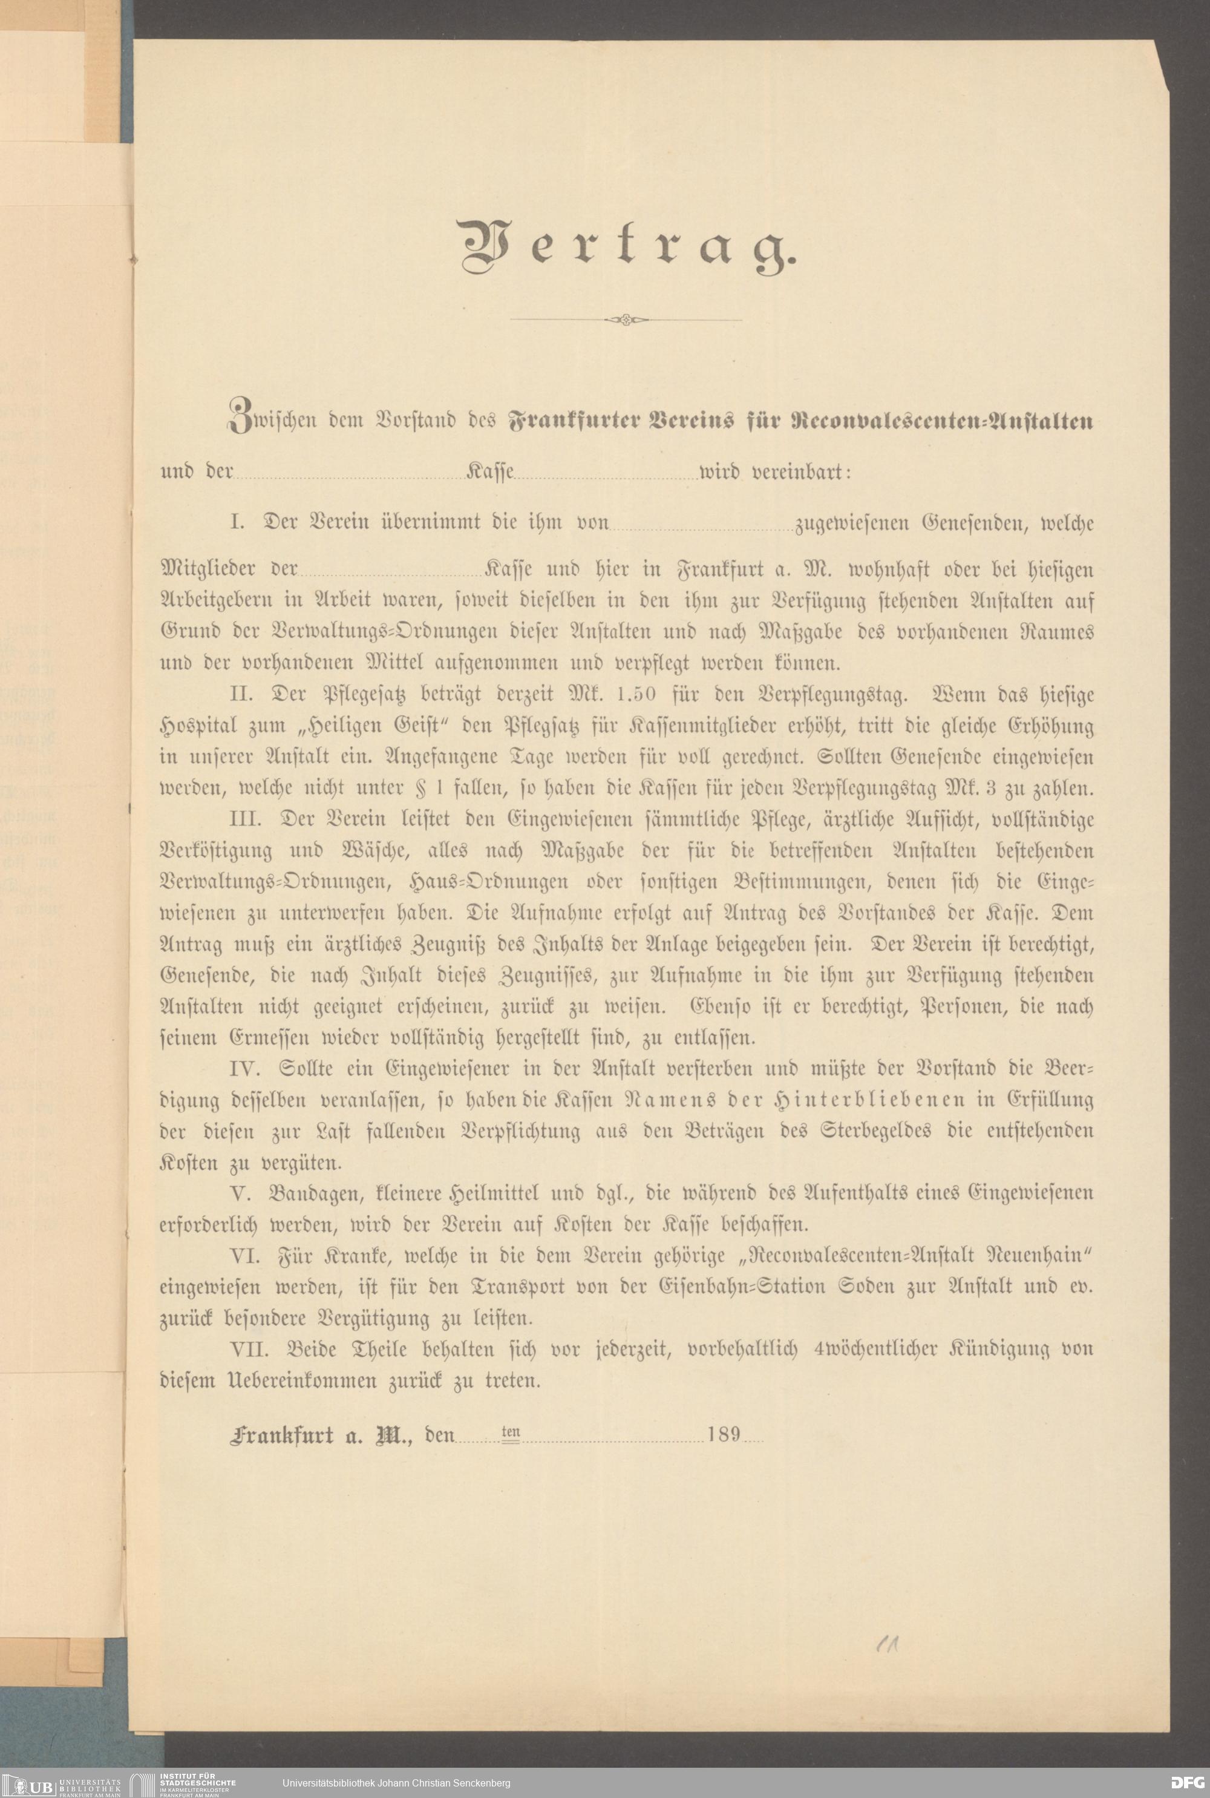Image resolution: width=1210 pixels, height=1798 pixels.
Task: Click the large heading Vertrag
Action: [625, 246]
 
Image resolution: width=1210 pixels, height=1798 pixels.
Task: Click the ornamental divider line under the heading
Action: [626, 319]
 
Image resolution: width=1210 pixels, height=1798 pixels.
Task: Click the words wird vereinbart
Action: [774, 471]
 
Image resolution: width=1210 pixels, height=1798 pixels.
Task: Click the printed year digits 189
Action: [724, 1434]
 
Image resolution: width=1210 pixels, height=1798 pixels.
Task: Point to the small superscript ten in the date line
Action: [511, 1431]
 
